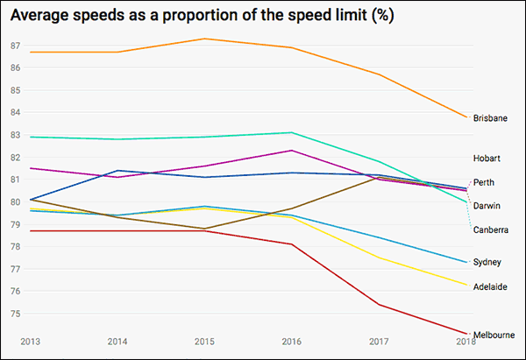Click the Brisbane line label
click(x=490, y=118)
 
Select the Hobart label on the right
click(x=487, y=159)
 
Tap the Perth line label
click(x=483, y=182)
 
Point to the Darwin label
click(x=487, y=206)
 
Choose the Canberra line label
click(x=490, y=229)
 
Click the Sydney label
click(x=487, y=262)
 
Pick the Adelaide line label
click(x=490, y=286)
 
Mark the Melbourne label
click(x=493, y=335)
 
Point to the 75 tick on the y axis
click(x=15, y=314)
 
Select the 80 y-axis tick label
click(x=15, y=201)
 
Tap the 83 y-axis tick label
click(x=15, y=135)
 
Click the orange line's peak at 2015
click(x=205, y=39)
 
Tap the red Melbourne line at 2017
click(x=380, y=305)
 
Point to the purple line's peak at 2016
click(x=292, y=151)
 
